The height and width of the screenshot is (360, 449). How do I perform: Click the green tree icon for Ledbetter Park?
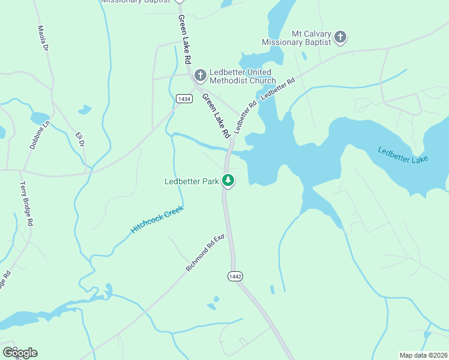[x=228, y=180]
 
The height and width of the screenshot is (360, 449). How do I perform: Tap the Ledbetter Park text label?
[x=191, y=181]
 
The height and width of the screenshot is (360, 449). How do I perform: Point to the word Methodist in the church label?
[x=231, y=80]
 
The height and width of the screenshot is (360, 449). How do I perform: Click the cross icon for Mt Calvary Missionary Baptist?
[x=340, y=38]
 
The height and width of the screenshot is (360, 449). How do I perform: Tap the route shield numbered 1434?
[x=184, y=98]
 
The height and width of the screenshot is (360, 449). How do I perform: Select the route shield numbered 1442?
[x=235, y=275]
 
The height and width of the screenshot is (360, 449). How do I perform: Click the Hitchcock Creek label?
[x=157, y=220]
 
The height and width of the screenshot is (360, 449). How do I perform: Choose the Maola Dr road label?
[x=42, y=38]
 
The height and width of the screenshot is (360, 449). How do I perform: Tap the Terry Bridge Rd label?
[x=26, y=204]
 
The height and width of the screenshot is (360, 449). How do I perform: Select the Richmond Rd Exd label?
[x=205, y=253]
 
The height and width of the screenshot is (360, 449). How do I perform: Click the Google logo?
[x=19, y=352]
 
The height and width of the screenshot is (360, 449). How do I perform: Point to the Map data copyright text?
[x=423, y=355]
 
